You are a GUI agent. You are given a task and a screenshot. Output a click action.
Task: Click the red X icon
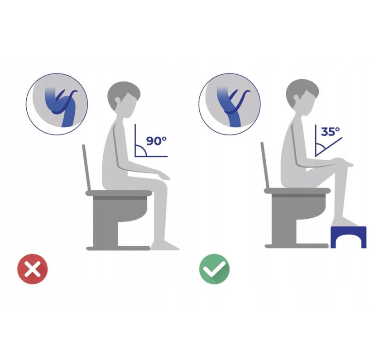pyautogui.click(x=33, y=269)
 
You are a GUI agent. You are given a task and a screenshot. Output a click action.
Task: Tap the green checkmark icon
pyautogui.click(x=215, y=269)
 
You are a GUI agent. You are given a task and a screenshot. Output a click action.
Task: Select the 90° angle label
pyautogui.click(x=156, y=141)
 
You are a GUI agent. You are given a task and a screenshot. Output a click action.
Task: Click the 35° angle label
pyautogui.click(x=331, y=131)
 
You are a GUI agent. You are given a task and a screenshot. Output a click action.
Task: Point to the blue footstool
pyautogui.click(x=349, y=237)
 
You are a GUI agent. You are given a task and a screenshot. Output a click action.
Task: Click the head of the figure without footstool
pyautogui.click(x=124, y=99)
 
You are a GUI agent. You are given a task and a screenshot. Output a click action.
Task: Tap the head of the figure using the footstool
pyautogui.click(x=302, y=97)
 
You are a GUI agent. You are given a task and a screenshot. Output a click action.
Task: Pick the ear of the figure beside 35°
pyautogui.click(x=297, y=98)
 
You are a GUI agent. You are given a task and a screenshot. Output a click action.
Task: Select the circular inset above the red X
pyautogui.click(x=57, y=104)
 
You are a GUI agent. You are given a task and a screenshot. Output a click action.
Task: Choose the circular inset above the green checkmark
pyautogui.click(x=230, y=104)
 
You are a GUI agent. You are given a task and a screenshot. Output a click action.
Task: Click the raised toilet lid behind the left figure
pyautogui.click(x=86, y=167)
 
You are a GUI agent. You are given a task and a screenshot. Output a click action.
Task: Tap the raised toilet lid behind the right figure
pyautogui.click(x=265, y=165)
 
